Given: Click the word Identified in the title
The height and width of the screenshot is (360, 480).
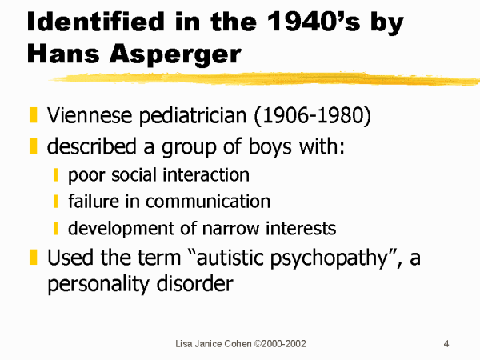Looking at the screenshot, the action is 96,22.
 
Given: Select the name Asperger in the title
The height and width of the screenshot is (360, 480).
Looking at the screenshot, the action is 176,54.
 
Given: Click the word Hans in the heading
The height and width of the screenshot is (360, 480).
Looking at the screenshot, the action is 63,54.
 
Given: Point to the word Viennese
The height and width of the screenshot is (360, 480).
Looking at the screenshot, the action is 90,115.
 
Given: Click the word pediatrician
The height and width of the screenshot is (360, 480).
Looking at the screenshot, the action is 193,116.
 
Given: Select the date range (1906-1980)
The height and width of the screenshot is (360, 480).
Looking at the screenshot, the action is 313,116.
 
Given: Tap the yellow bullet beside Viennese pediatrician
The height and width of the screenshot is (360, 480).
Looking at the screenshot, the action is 33,114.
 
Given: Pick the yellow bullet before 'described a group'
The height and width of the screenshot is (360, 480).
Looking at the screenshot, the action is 33,146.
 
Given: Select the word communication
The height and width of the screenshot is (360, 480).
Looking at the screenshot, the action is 208,202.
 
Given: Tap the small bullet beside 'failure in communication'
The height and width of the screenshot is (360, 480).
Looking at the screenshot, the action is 55,202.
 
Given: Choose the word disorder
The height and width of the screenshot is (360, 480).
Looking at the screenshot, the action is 194,283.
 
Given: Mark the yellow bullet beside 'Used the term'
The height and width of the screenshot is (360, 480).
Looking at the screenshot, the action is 33,257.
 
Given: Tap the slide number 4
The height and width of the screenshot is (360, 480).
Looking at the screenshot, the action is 446,344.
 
